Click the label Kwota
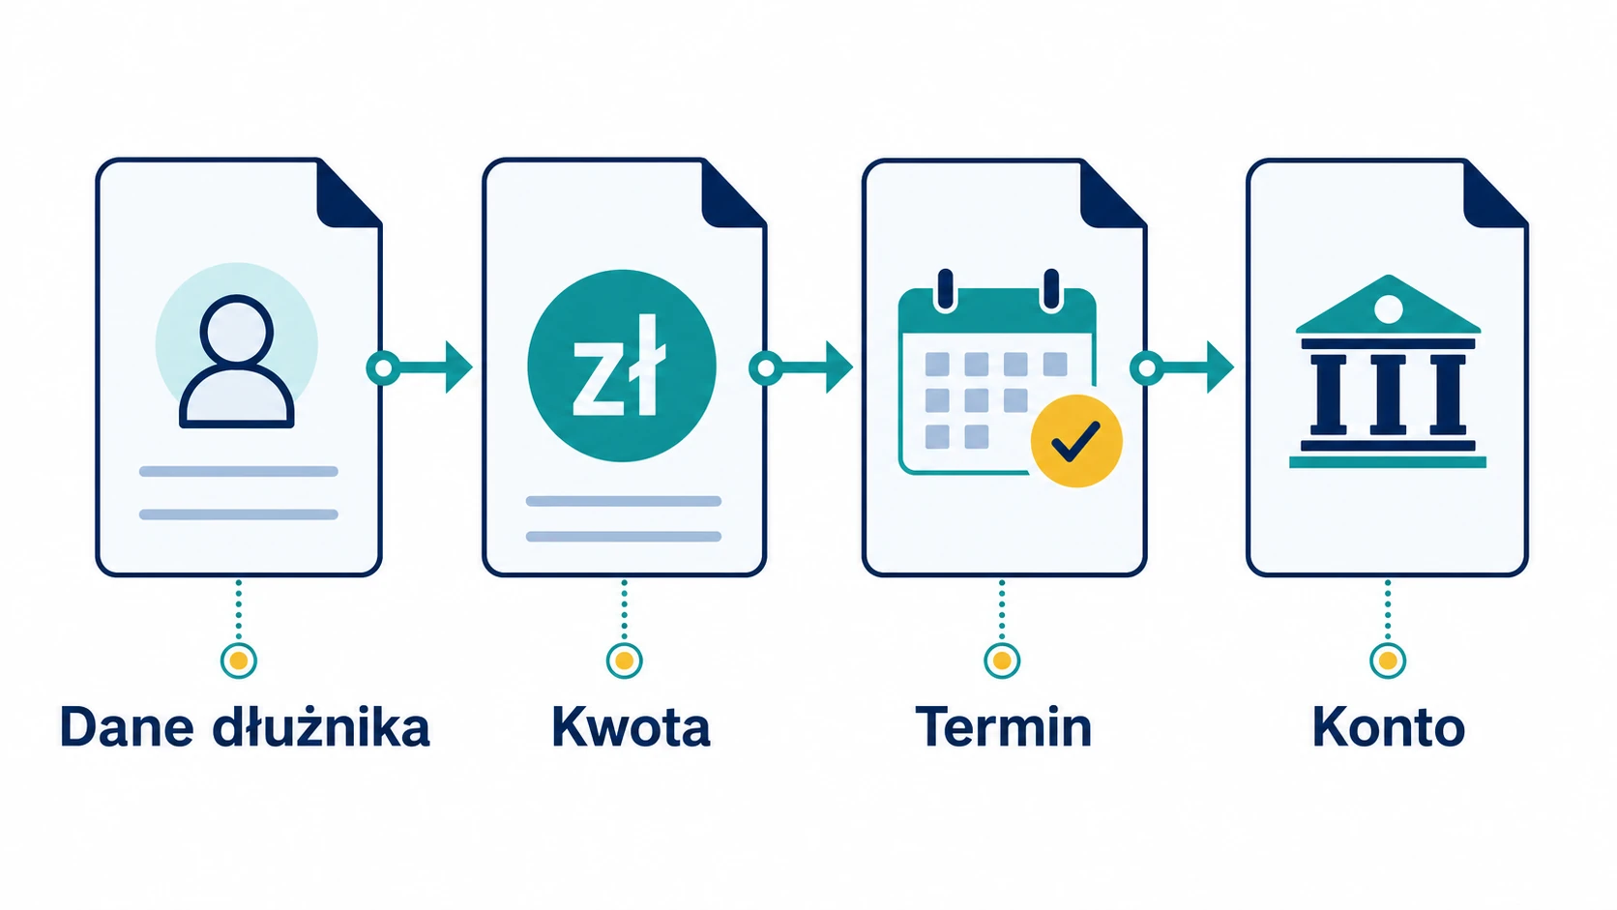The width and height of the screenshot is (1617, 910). coord(631,727)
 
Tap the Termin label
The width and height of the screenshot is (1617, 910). coord(1004,727)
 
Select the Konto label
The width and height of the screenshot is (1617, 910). coord(1388,727)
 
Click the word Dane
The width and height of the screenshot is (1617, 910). coord(127,727)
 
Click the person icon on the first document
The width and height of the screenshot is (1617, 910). coord(237,361)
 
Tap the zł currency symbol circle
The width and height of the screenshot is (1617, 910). coord(622,366)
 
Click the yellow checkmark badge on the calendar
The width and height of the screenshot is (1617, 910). coord(1076,441)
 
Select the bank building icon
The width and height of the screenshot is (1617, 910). coord(1388,371)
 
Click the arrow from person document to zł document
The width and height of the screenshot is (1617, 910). coord(420,367)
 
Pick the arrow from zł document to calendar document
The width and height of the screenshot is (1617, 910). coord(801,367)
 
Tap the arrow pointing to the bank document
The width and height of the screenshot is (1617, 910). coord(1182,367)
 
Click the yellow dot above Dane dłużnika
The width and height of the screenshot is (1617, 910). coord(238,660)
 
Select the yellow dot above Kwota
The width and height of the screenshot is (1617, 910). coord(625,660)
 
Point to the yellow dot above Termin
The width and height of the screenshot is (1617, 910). coord(1002,660)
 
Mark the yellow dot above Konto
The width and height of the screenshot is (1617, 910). coord(1388,660)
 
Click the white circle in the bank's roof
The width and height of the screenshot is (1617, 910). coord(1388,309)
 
